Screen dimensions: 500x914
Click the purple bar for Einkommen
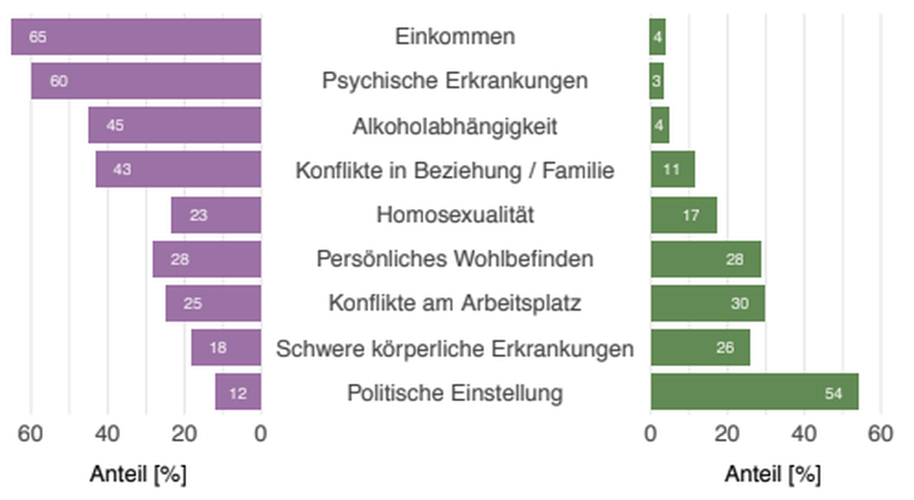136,36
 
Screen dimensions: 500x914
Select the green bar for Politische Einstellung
754,392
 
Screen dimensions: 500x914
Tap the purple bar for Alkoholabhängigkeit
174,125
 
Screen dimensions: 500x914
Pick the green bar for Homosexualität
684,215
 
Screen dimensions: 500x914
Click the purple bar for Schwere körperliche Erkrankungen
226,347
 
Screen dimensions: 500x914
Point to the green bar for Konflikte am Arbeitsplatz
708,303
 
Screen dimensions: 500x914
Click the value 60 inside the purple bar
58,81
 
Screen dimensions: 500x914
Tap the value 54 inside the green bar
833,393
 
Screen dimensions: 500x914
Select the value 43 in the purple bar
122,169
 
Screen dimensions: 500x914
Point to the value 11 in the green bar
671,169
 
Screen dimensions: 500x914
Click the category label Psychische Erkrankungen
455,80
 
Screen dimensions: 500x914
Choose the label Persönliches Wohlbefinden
455,259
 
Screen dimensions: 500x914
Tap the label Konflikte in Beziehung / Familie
455,171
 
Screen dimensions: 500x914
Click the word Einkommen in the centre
455,36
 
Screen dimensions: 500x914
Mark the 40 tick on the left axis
107,434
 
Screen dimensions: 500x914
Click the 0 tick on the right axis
650,434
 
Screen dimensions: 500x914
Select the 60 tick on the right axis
880,434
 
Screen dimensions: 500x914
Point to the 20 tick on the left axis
184,434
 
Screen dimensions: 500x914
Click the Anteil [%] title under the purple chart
138,474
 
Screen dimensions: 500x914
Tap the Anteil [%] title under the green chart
772,474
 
